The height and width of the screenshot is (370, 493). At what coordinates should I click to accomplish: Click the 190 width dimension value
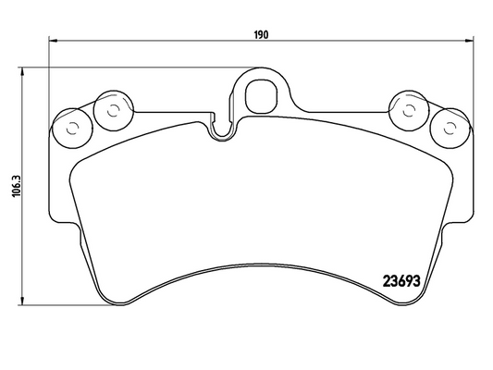click(261, 34)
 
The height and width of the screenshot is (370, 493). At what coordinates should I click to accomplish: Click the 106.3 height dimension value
click(16, 186)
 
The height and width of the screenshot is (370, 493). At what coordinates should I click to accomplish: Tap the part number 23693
click(401, 281)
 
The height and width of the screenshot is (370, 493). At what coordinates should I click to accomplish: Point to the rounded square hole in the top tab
click(261, 96)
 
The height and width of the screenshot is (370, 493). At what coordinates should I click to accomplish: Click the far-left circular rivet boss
click(72, 129)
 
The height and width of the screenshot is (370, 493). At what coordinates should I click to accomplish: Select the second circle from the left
click(114, 111)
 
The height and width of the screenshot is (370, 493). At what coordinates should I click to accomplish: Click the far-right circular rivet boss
click(450, 129)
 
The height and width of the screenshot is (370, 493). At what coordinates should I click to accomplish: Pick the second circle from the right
click(409, 111)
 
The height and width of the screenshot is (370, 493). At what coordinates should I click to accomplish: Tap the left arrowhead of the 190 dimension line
click(53, 41)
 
